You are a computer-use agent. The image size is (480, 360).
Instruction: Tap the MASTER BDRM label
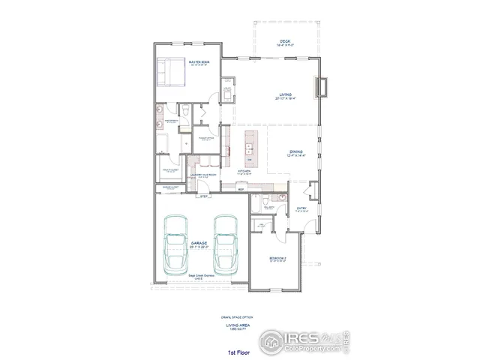(x=199, y=62)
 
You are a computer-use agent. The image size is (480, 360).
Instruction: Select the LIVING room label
(x=286, y=94)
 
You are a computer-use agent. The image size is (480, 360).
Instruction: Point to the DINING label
(x=296, y=152)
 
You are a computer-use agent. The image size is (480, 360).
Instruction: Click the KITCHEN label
(x=244, y=172)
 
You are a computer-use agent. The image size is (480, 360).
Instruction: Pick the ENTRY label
(x=301, y=208)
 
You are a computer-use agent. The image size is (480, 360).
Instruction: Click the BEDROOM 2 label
(x=277, y=258)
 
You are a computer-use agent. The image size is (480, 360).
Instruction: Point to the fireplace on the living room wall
(x=324, y=88)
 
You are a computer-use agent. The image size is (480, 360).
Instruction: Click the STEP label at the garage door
(x=204, y=196)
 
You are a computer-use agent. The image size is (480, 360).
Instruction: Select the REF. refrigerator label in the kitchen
(x=241, y=190)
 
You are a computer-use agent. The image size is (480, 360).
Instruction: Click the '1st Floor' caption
(x=238, y=352)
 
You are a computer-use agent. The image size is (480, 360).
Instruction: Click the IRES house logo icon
(x=271, y=340)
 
